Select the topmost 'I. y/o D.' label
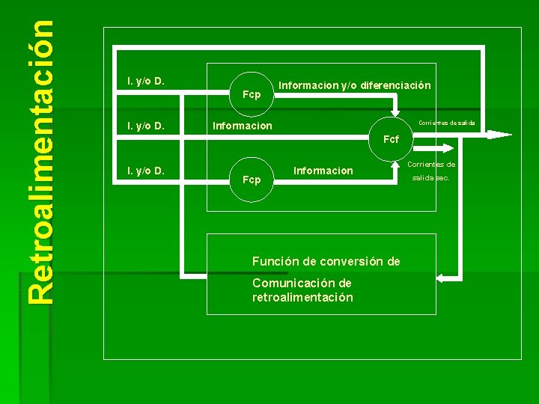pos(146,81)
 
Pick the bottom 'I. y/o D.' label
pos(146,171)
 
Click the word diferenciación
pos(395,85)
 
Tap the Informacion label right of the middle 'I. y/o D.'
pos(243,126)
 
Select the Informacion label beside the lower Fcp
pos(323,171)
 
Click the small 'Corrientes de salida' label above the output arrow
pos(447,123)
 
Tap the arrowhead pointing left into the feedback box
pos(441,278)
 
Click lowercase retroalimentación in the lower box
pos(302,297)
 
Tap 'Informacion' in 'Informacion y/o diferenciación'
pos(308,85)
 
